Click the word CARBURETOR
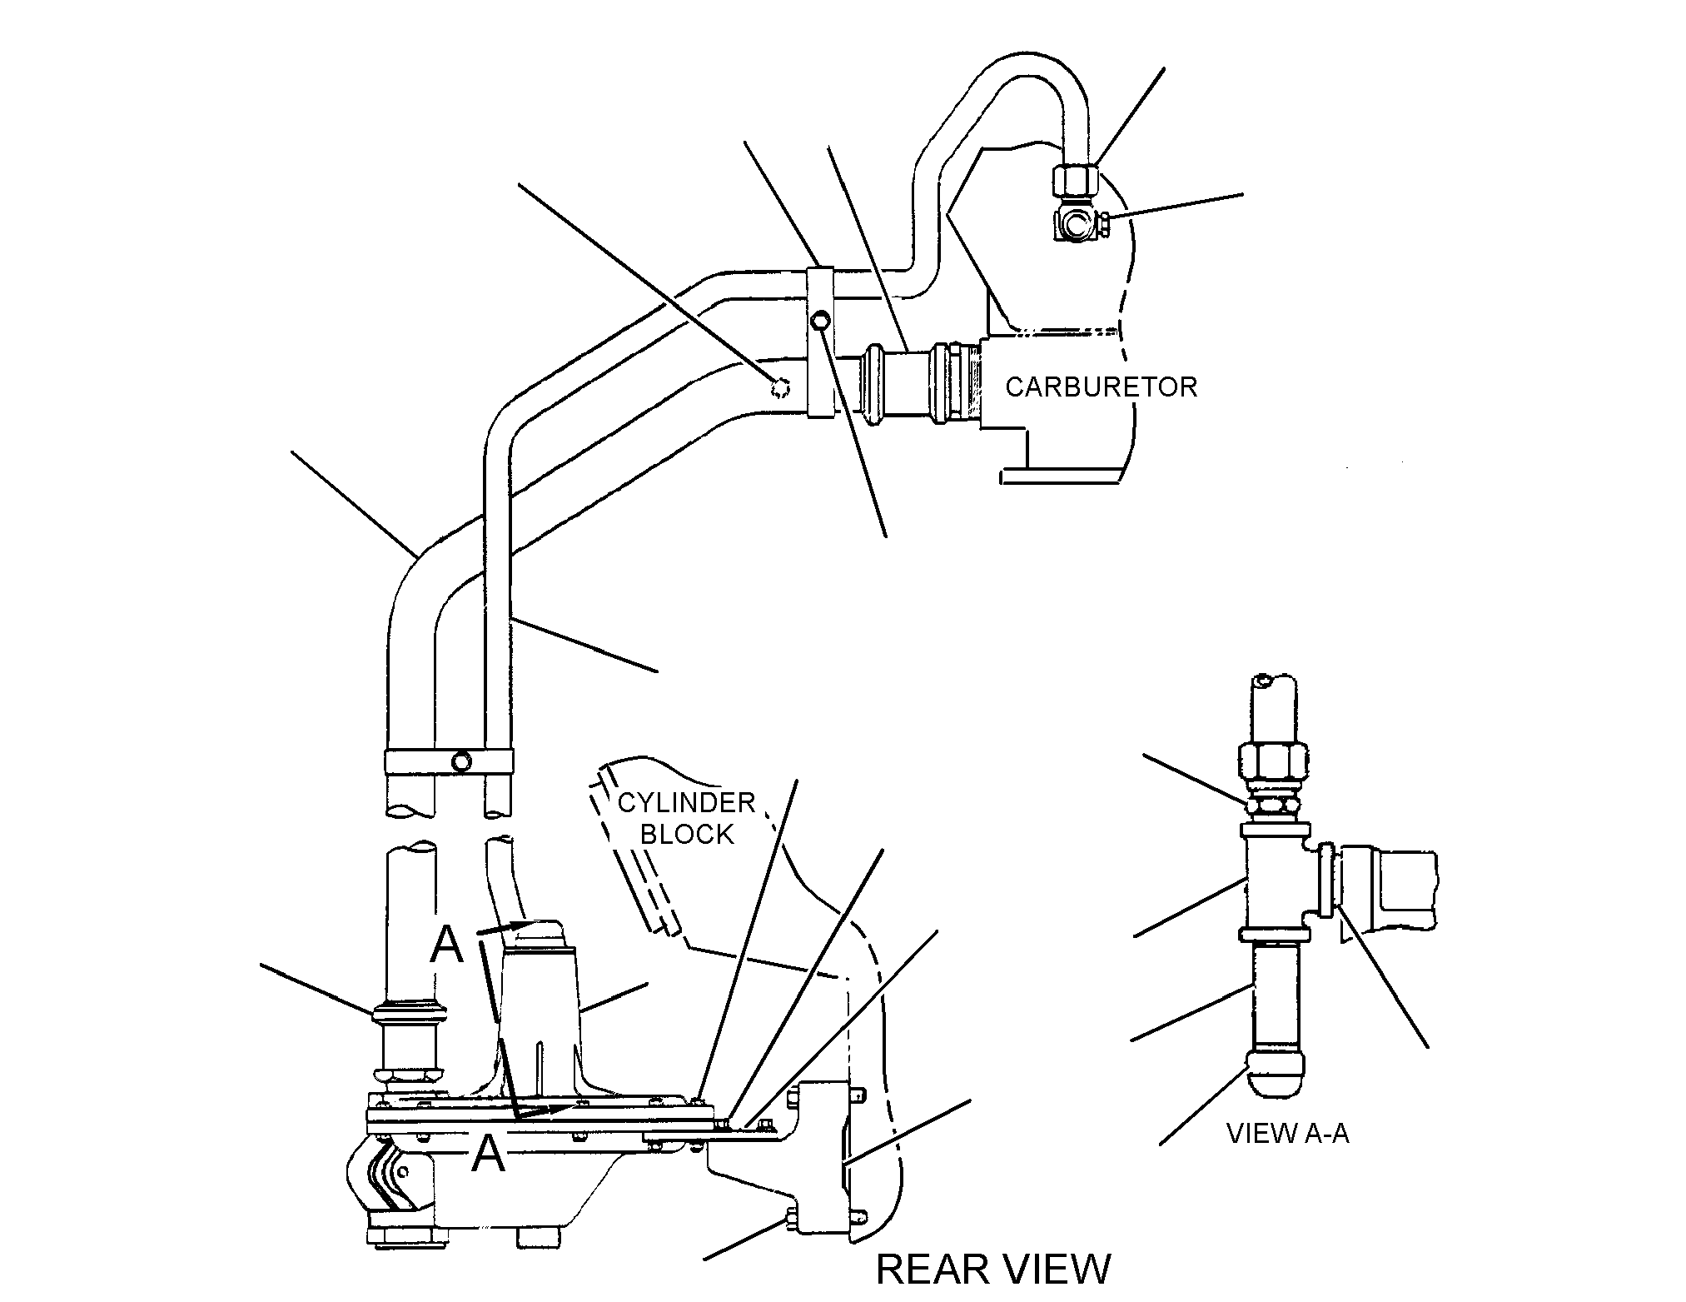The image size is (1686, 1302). pos(1101,387)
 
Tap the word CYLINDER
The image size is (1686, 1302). pos(686,803)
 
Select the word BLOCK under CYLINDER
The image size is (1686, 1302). pos(687,834)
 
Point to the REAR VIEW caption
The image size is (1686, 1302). pos(993,1270)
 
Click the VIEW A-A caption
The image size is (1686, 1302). pos(1288,1134)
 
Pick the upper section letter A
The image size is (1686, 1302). pos(446,945)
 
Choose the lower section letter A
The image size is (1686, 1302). pos(489,1155)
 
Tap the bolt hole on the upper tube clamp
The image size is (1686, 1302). pos(821,320)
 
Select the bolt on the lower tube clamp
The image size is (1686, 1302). pos(460,761)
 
